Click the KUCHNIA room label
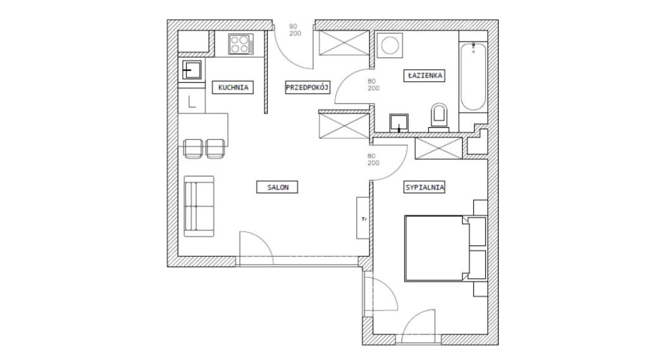(x=233, y=87)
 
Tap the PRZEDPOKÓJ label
(x=308, y=87)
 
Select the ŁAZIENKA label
(x=424, y=76)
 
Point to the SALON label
(x=277, y=187)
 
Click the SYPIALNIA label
(x=425, y=187)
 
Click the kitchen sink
(x=192, y=70)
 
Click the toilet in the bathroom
(x=439, y=117)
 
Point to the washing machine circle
(x=390, y=45)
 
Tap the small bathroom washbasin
(x=399, y=123)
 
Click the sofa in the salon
(x=199, y=206)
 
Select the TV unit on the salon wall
(x=363, y=218)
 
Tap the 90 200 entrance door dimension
(x=295, y=30)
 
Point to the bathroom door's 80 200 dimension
(x=373, y=85)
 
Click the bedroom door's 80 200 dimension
(x=373, y=159)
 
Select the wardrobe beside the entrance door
(x=344, y=42)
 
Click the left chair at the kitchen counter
(x=193, y=149)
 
